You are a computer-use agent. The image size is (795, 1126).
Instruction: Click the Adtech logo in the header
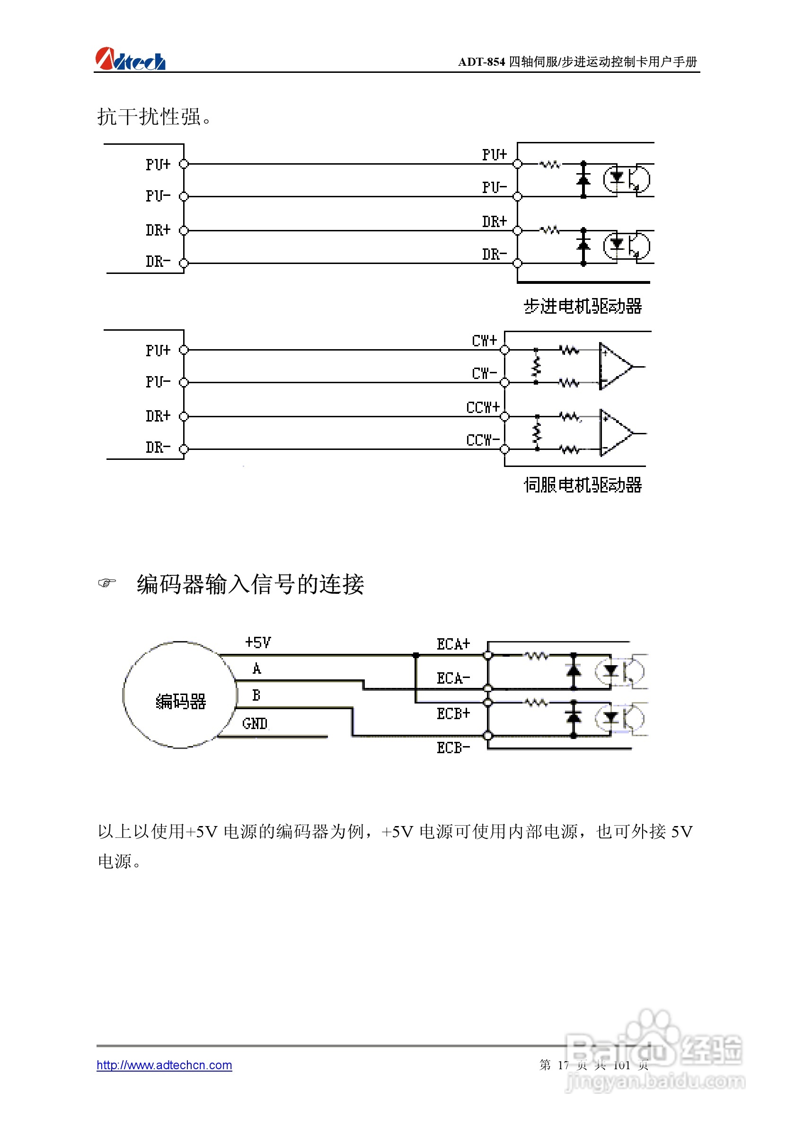(130, 59)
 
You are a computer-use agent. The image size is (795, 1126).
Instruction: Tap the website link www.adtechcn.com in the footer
(164, 1064)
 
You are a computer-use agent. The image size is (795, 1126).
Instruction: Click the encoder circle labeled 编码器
(180, 695)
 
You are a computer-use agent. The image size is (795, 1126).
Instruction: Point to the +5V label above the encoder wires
(258, 642)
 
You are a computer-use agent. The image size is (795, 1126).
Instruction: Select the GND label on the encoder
(255, 723)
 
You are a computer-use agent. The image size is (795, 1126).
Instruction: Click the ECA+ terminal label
(453, 644)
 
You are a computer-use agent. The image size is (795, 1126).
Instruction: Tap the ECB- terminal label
(453, 748)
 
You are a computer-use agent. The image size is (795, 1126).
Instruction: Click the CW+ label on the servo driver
(484, 340)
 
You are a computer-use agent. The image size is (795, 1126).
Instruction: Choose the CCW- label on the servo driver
(483, 440)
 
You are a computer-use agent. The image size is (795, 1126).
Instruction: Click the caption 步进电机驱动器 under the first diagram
(583, 306)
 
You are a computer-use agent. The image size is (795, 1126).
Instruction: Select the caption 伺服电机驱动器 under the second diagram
(583, 484)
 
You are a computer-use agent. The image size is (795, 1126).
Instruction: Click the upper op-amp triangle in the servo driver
(615, 366)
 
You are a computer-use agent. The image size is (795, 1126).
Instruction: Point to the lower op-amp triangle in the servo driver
(615, 433)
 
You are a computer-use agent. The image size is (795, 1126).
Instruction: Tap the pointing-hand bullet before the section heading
(107, 582)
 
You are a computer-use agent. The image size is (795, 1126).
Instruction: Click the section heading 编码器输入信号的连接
(250, 584)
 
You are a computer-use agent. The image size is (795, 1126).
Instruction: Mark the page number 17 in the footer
(563, 1064)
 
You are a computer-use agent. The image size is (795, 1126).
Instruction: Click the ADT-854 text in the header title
(481, 62)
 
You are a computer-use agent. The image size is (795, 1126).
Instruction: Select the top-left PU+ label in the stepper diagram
(158, 164)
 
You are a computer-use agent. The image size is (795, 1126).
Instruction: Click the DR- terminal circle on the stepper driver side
(517, 264)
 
